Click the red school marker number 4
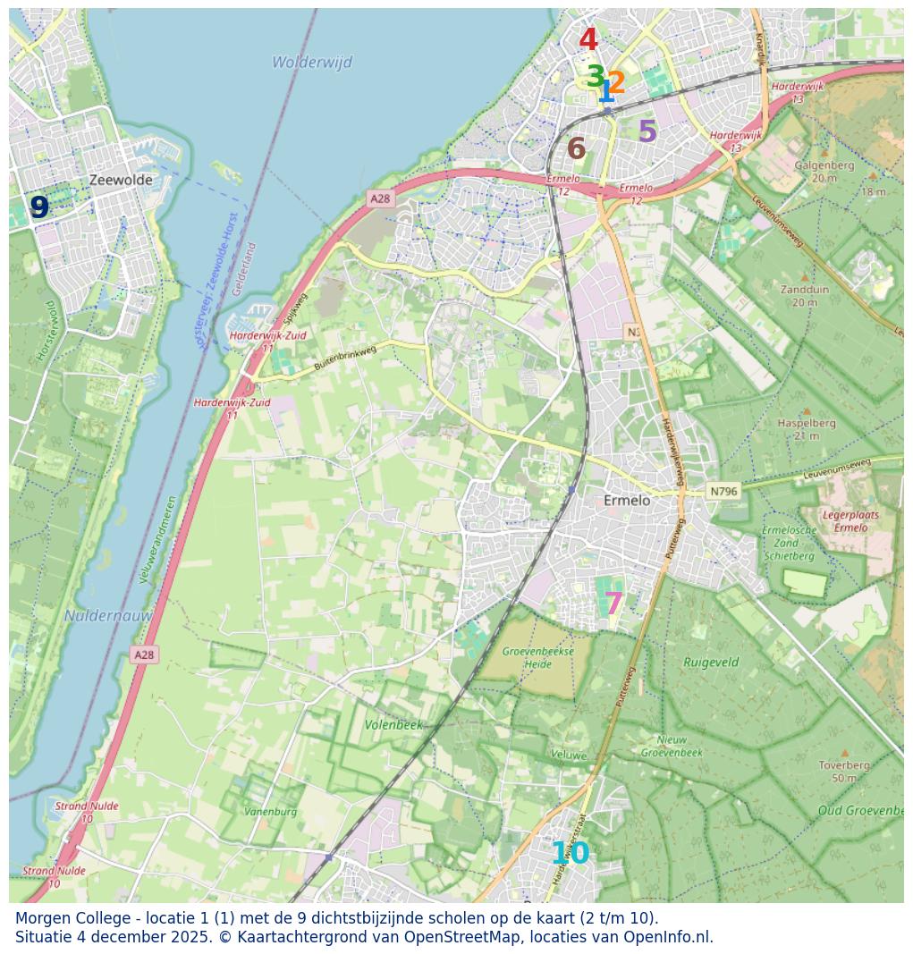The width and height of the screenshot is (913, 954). (588, 40)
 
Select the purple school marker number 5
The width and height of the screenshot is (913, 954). (647, 132)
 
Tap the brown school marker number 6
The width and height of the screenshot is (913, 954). (576, 149)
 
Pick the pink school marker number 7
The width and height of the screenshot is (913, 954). (613, 604)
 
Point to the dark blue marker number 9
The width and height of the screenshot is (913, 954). (39, 207)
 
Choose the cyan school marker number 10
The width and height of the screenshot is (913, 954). (570, 854)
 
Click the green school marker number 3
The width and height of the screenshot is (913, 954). (595, 77)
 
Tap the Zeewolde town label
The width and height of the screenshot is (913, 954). (121, 180)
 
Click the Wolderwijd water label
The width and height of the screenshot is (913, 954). (312, 63)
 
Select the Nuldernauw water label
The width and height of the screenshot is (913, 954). (107, 616)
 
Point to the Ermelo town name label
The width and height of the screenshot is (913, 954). (627, 501)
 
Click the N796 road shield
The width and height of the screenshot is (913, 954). (723, 491)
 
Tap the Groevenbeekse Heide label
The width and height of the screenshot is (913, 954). (537, 657)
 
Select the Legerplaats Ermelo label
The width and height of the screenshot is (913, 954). (850, 520)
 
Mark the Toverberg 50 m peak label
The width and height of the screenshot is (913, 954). (844, 772)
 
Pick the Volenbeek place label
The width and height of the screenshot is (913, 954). (393, 724)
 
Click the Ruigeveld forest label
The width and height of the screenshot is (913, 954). (711, 663)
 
